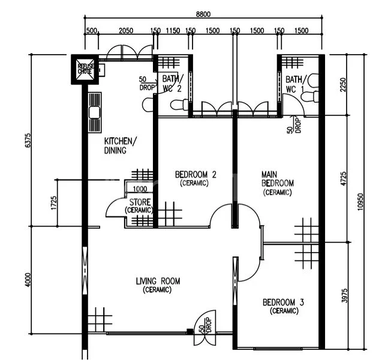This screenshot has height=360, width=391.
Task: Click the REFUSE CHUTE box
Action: pyautogui.click(x=85, y=68)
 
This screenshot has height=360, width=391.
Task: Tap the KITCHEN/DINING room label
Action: pyautogui.click(x=120, y=146)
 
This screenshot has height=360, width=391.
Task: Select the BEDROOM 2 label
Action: pyautogui.click(x=195, y=178)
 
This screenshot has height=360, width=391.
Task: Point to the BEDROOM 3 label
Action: pyautogui.click(x=283, y=307)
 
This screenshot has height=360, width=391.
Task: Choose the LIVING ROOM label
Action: pyautogui.click(x=158, y=285)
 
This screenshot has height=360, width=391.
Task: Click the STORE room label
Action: pyautogui.click(x=139, y=206)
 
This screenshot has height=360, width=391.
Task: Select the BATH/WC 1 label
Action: pyautogui.click(x=296, y=84)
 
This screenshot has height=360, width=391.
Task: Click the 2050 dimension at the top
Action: pyautogui.click(x=125, y=31)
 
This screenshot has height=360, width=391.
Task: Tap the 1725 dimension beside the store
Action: pyautogui.click(x=53, y=203)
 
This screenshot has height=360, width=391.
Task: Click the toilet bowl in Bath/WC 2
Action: pyautogui.click(x=179, y=106)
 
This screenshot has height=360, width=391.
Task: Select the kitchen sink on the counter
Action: pyautogui.click(x=94, y=112)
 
